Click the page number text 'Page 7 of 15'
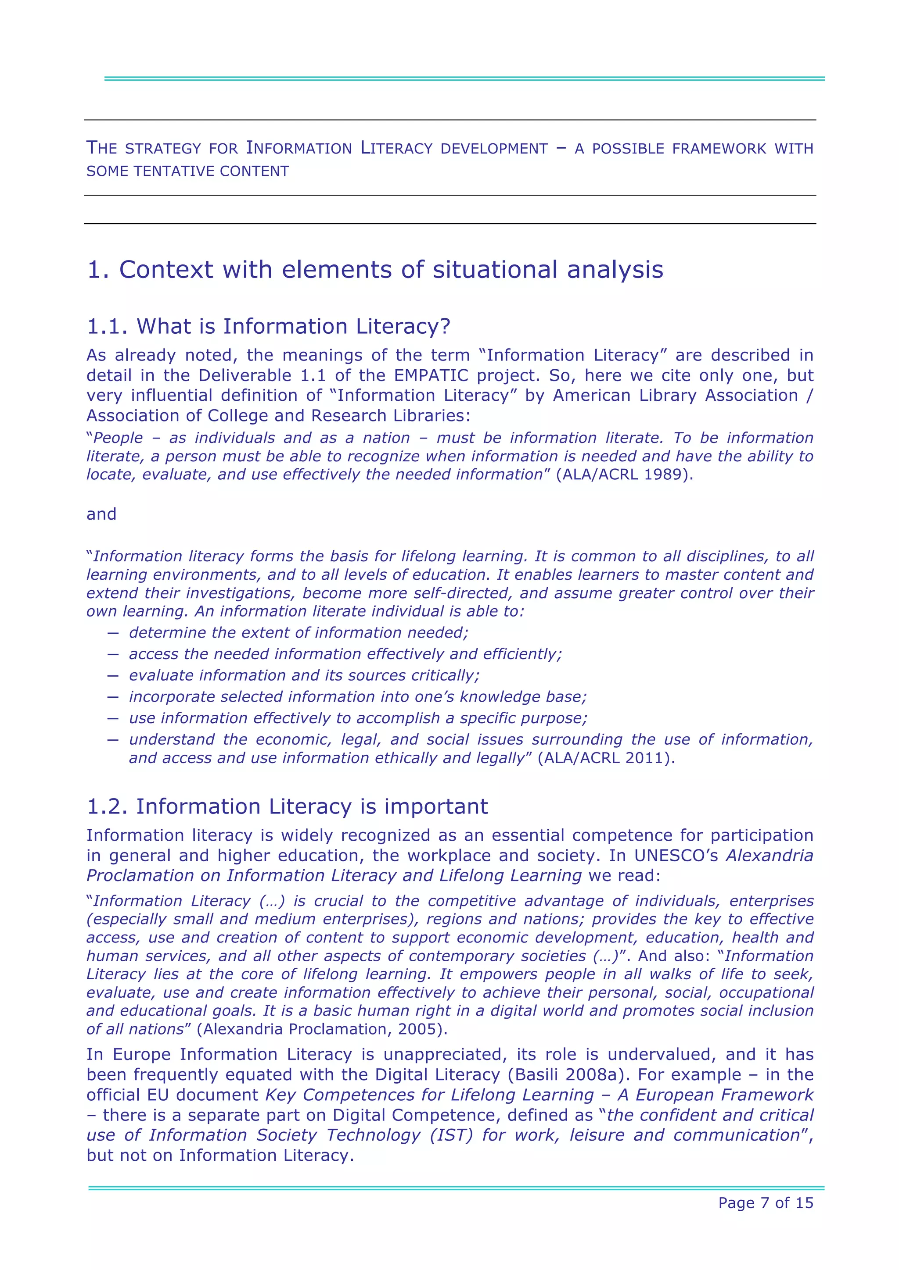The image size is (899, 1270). (x=766, y=1202)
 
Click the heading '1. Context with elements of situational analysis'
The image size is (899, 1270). (x=375, y=270)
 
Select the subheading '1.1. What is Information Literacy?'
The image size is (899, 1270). (x=269, y=326)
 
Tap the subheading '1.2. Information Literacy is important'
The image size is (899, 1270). (x=288, y=806)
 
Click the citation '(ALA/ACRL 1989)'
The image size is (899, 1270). (x=624, y=474)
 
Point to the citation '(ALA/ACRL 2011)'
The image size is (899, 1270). (x=606, y=758)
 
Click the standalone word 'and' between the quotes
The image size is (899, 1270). (x=101, y=514)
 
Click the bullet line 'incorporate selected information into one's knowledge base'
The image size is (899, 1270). (x=358, y=697)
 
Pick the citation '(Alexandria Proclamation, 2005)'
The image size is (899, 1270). (x=322, y=1029)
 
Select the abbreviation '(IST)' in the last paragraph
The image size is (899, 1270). (x=452, y=1135)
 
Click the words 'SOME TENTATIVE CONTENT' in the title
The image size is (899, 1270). (x=188, y=171)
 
